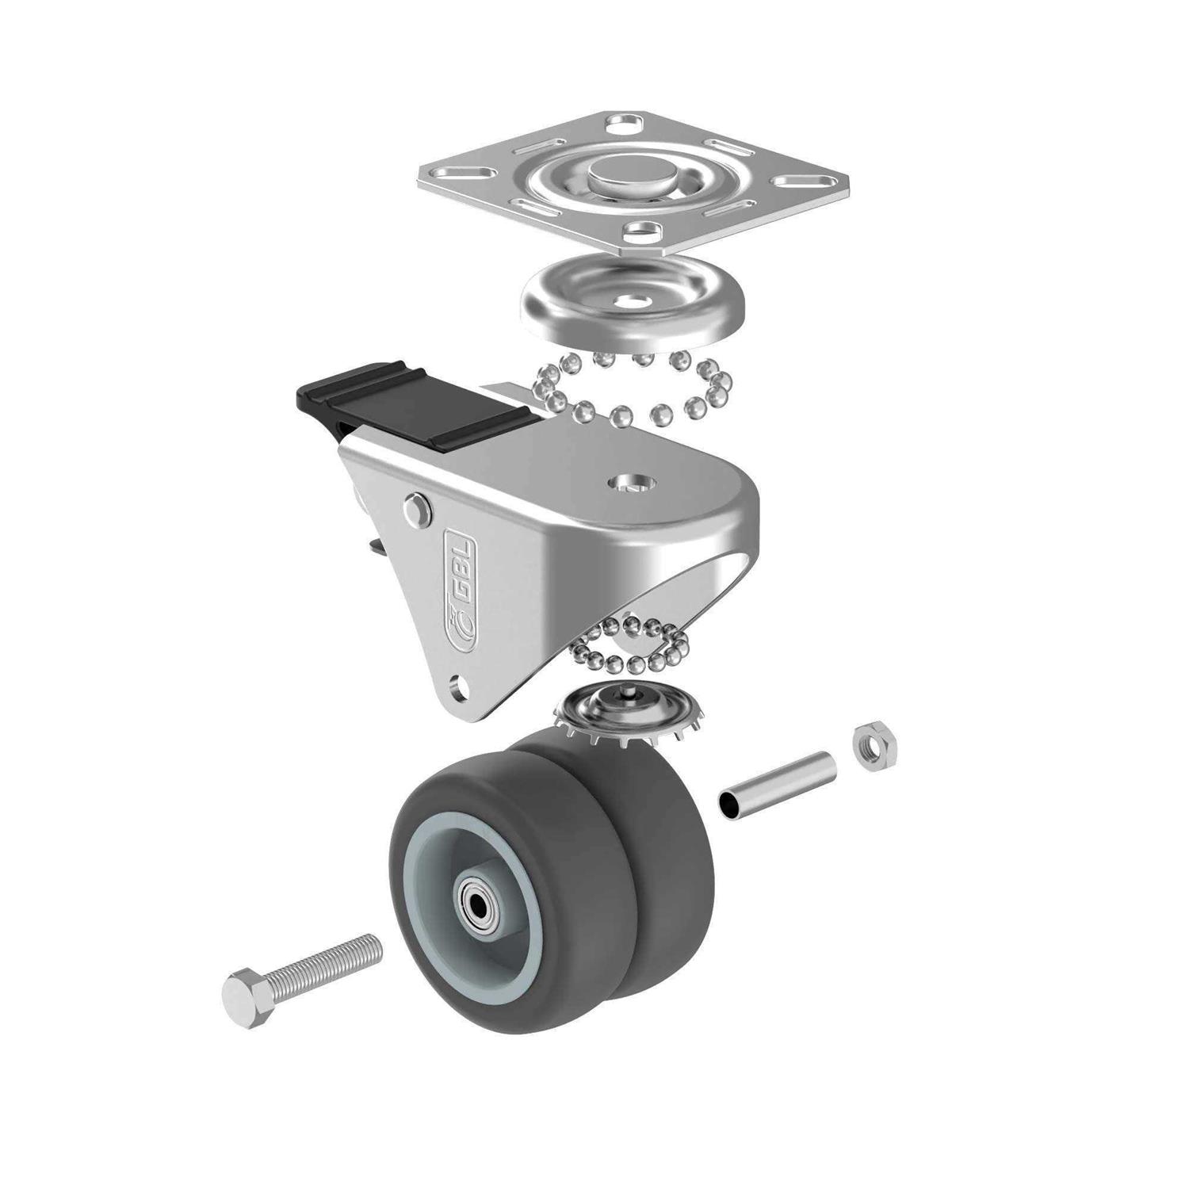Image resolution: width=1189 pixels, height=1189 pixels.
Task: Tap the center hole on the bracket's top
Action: point(625,484)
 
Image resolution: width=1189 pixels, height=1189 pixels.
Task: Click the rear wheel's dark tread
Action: point(674,896)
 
